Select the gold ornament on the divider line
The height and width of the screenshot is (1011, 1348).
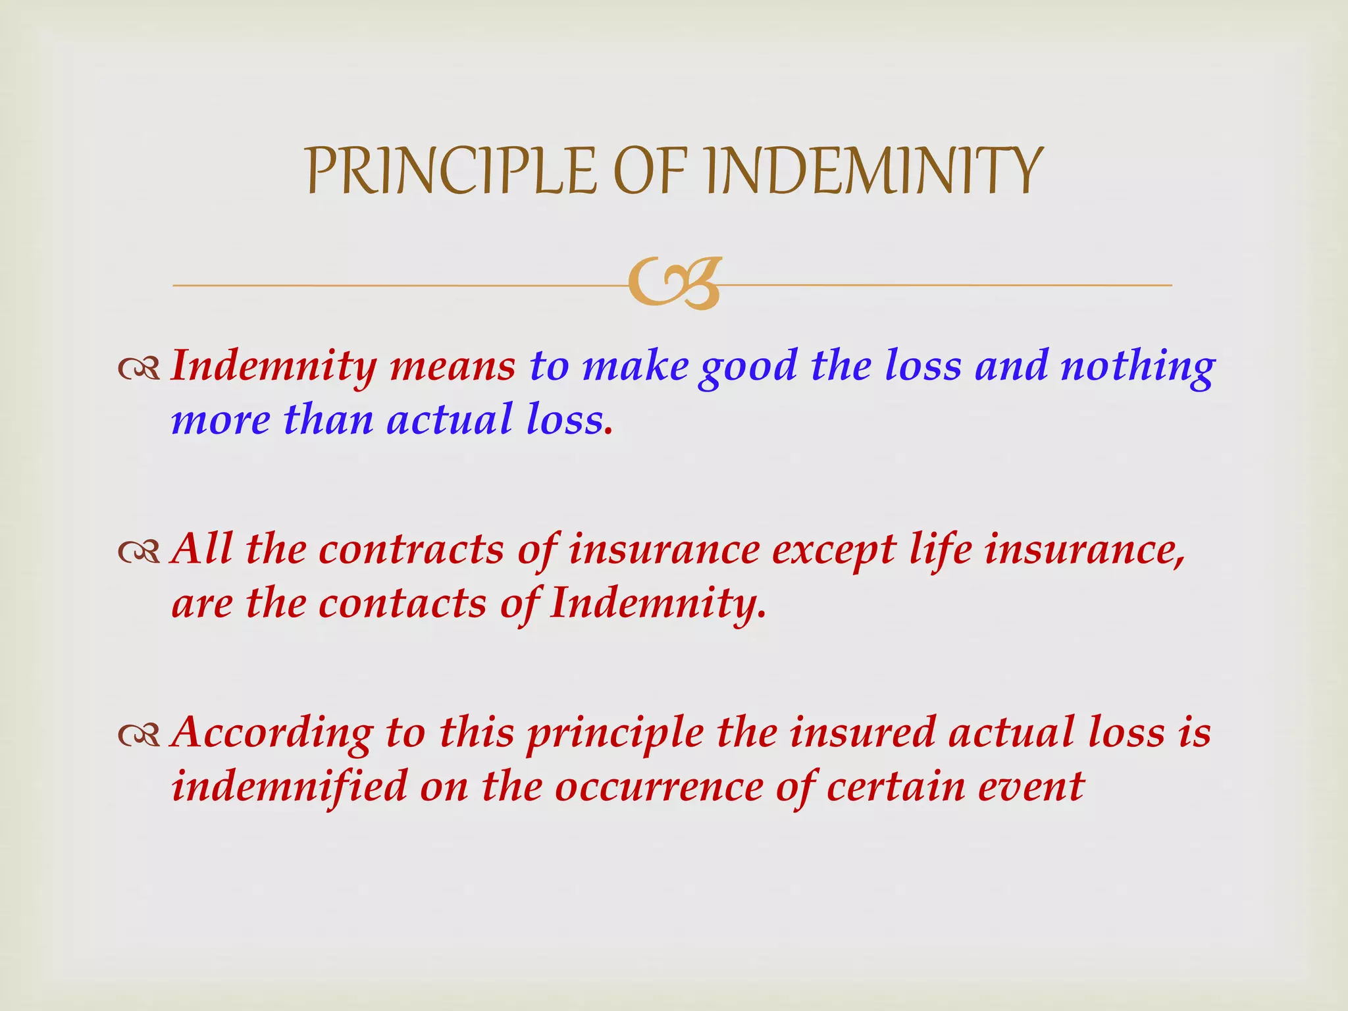pyautogui.click(x=674, y=284)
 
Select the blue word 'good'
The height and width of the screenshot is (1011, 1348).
pyautogui.click(x=748, y=367)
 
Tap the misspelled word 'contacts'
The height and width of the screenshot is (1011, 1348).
pyautogui.click(x=402, y=603)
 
